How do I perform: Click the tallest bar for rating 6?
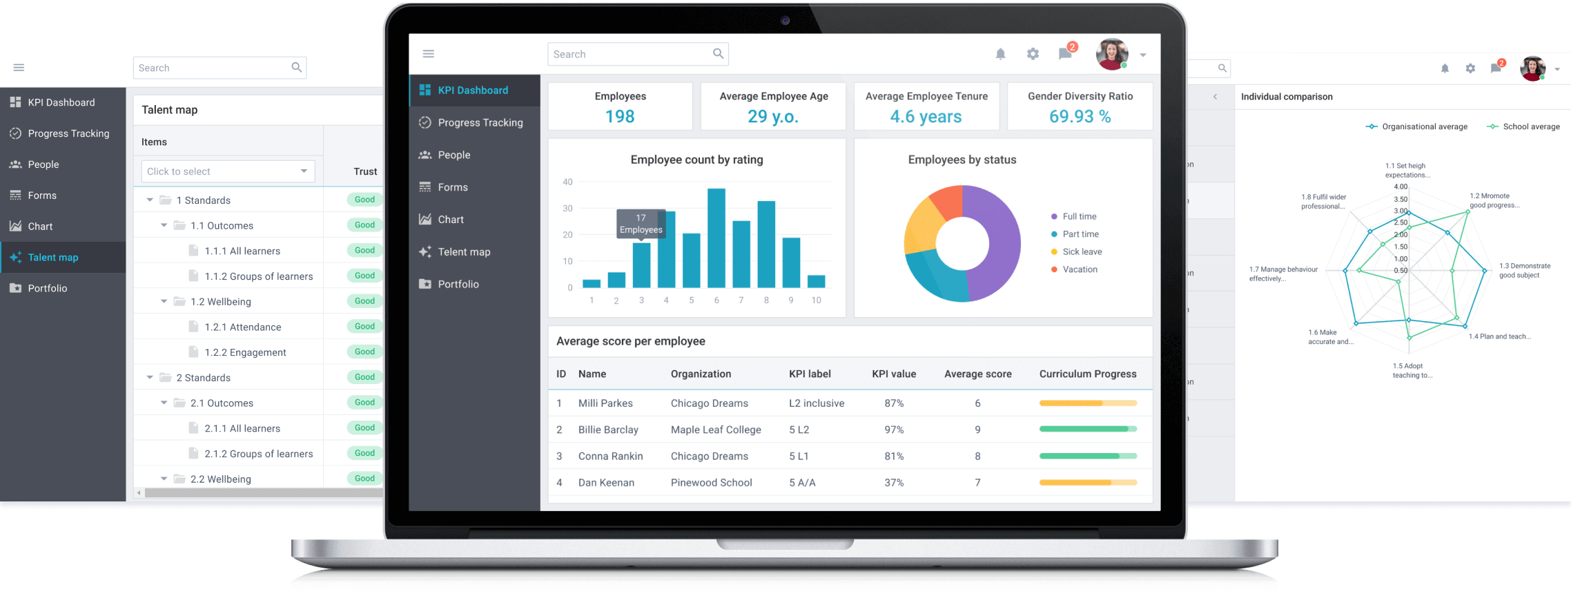[716, 238]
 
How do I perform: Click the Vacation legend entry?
[1080, 269]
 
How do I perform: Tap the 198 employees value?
[619, 117]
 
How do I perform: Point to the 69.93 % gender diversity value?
[1080, 117]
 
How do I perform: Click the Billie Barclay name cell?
[608, 430]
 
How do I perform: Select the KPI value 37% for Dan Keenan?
[894, 483]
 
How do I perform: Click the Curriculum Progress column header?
[1087, 374]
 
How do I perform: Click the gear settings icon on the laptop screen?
[1033, 54]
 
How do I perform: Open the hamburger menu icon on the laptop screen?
[428, 54]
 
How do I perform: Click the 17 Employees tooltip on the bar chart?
[641, 224]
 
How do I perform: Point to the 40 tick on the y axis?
[567, 182]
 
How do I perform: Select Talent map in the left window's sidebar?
[53, 257]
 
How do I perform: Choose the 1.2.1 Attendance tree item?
[242, 327]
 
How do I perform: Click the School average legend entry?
[1530, 126]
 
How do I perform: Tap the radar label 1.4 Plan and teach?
[1499, 336]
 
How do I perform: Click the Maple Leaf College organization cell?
[716, 430]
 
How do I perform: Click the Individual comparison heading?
[1286, 97]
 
